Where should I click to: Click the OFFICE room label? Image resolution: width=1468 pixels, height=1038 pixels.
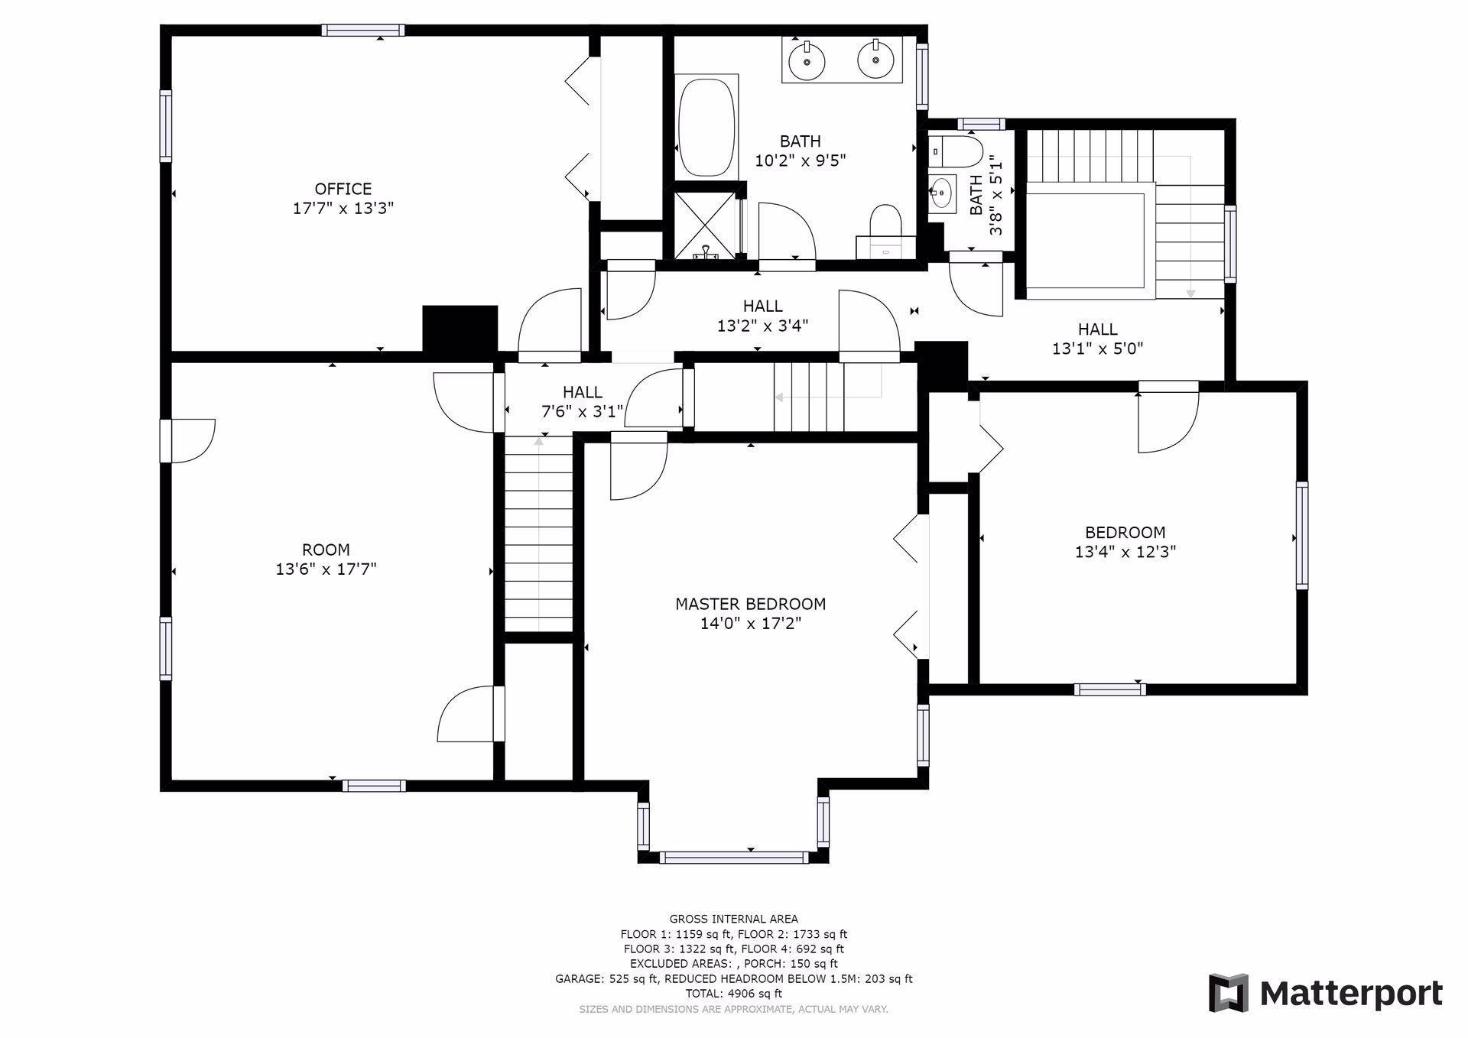point(343,189)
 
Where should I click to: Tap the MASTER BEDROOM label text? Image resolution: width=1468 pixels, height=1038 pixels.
point(750,604)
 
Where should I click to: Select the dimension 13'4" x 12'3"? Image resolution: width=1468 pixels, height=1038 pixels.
point(1125,552)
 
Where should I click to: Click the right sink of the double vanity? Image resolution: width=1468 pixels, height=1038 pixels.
point(875,60)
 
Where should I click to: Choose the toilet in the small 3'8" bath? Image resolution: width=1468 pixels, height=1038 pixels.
point(956,151)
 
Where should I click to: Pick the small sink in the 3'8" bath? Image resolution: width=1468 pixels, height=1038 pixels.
point(943,193)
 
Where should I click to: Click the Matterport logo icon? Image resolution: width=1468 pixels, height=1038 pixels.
point(1228,993)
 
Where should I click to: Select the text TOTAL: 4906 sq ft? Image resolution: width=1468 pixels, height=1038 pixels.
point(733,994)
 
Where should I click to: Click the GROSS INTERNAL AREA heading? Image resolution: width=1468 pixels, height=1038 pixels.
point(733,919)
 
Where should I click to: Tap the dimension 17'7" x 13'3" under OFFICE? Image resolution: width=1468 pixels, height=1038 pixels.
point(343,208)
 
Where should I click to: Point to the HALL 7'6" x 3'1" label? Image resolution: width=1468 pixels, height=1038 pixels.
point(583,402)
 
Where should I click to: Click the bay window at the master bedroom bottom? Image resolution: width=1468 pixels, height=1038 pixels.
point(733,858)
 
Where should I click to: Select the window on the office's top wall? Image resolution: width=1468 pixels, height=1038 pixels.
point(362,31)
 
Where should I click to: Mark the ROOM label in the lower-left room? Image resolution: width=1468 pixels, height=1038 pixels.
point(326,550)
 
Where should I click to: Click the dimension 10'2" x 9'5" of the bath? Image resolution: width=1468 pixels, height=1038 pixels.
point(801,161)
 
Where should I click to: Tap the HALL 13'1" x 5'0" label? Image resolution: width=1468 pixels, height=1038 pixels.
point(1098,339)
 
